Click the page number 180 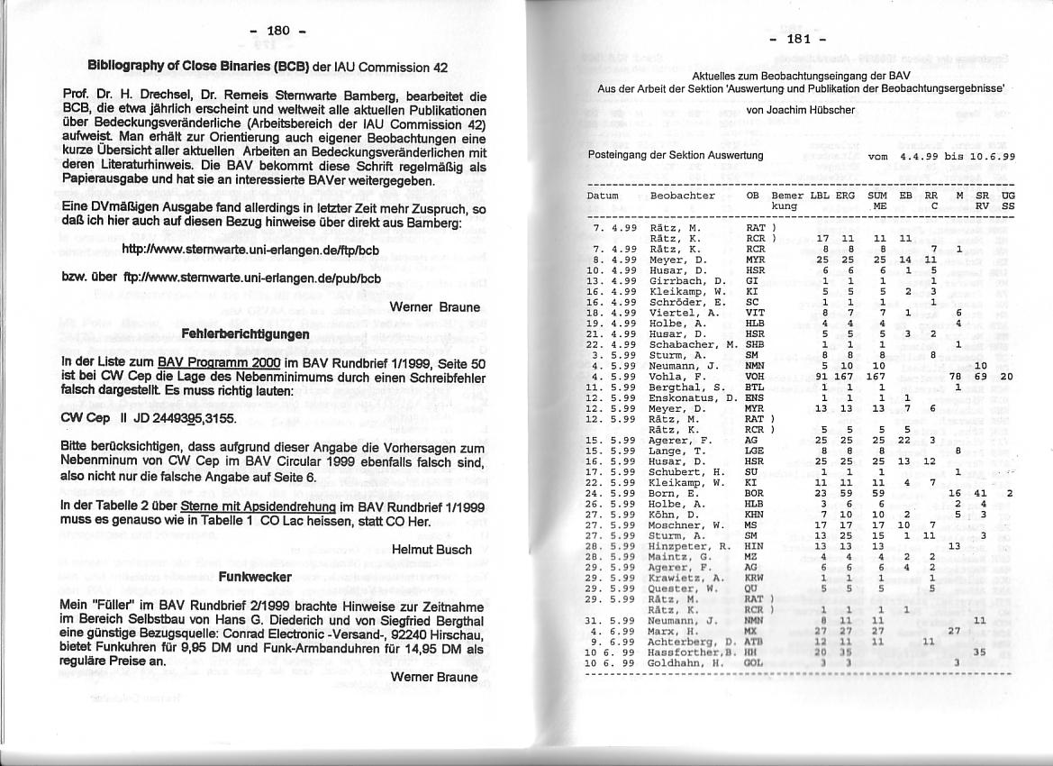pyautogui.click(x=278, y=32)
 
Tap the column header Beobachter pyautogui.click(x=683, y=196)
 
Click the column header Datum pyautogui.click(x=603, y=196)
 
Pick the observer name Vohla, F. pyautogui.click(x=674, y=378)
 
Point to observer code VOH pyautogui.click(x=755, y=378)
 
